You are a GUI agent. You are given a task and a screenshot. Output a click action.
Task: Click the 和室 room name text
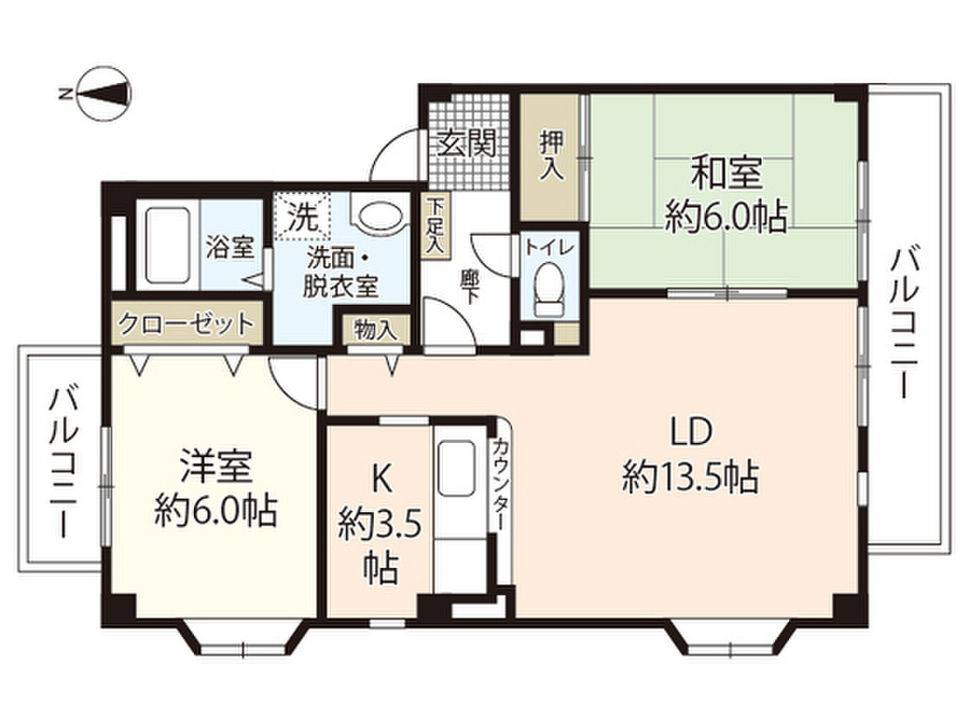pos(726,175)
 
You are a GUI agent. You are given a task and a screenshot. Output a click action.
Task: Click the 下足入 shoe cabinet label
pos(434,225)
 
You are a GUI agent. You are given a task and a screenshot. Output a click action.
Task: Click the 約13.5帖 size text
pos(691,477)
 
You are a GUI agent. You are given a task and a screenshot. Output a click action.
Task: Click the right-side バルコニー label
pos(905,322)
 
